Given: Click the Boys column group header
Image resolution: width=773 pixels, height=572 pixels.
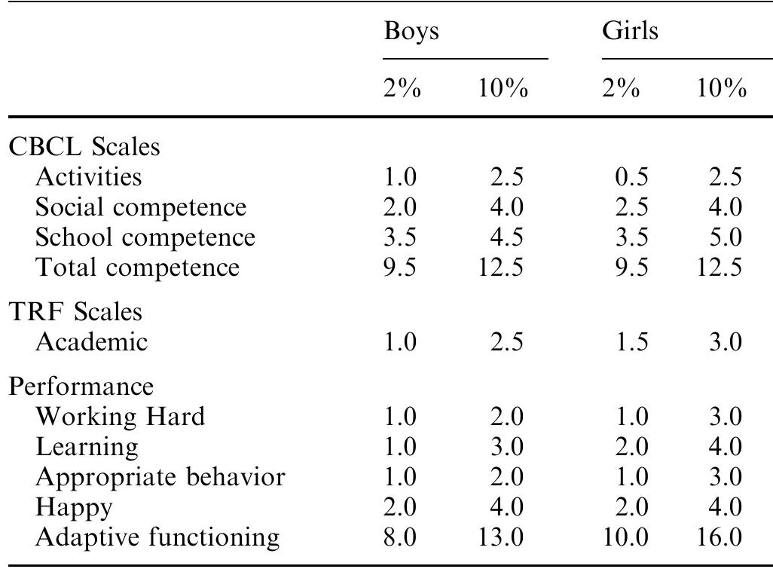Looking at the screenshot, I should click(411, 32).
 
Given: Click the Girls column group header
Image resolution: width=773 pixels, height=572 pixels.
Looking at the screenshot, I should click(630, 32).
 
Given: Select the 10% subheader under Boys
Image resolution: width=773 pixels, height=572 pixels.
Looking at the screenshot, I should click(503, 90).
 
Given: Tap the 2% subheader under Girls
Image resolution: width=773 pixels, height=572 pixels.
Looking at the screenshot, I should click(621, 90).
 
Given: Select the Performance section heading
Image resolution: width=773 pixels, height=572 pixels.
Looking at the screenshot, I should click(81, 386).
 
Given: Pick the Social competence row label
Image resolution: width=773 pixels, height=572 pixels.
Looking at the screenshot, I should click(141, 206).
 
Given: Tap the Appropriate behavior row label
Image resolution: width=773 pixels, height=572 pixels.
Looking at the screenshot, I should click(160, 477).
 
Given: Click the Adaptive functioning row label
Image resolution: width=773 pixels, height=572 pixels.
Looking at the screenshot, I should click(157, 537).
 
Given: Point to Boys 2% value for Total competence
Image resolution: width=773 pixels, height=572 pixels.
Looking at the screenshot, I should click(400, 267).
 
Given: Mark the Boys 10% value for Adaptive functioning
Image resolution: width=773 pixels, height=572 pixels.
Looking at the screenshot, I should click(501, 537).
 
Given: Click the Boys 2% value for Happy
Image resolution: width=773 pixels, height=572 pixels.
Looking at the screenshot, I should click(400, 507).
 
